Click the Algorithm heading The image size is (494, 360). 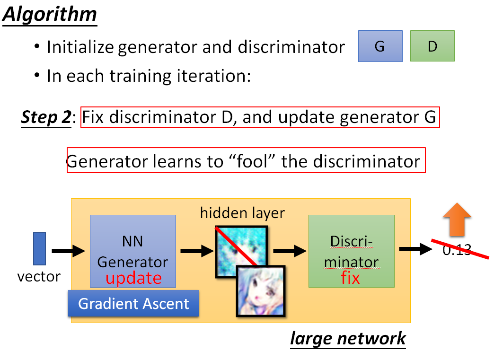50,15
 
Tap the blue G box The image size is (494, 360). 380,46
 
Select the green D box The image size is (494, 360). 432,46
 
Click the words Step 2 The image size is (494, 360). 45,117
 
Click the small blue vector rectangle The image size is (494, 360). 39,248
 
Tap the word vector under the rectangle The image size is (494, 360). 39,276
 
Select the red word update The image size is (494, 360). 133,278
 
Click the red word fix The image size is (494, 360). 350,278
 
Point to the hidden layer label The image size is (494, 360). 242,213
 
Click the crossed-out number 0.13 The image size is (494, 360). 457,250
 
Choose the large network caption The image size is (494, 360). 348,339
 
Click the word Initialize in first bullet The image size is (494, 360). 80,47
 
